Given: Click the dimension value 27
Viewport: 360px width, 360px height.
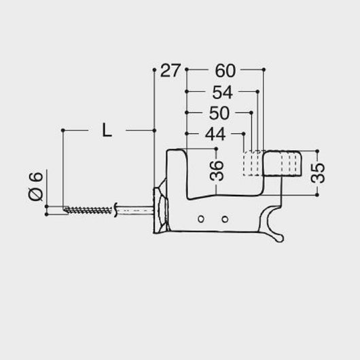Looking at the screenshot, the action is click(x=170, y=71).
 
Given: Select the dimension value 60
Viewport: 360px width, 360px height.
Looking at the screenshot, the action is click(x=226, y=71).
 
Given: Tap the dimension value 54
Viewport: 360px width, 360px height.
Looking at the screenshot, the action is click(x=223, y=92).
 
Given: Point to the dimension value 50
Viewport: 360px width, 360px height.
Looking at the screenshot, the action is click(x=219, y=113).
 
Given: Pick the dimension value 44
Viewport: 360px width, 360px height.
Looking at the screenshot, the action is click(x=215, y=134).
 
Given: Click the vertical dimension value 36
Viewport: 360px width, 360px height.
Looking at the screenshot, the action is click(x=217, y=170).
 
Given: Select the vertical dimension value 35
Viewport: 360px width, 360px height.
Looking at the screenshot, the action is click(x=318, y=173).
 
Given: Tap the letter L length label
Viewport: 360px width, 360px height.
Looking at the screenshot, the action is click(x=107, y=130).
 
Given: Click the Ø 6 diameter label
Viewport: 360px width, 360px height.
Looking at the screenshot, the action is click(x=36, y=186).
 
